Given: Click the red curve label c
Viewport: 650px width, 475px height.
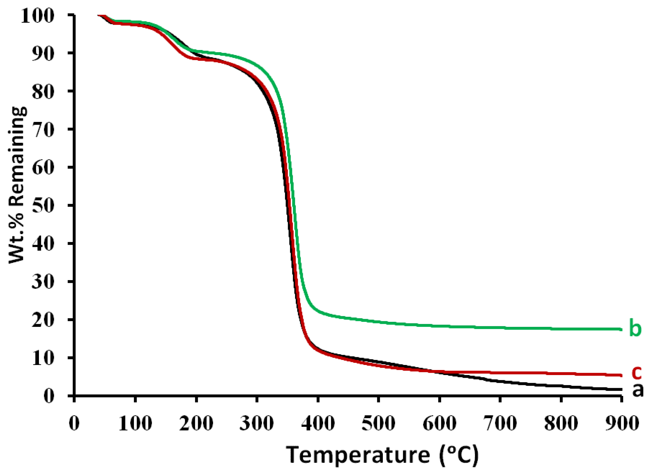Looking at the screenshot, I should click(636, 372).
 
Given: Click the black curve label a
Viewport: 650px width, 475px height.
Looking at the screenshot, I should click(638, 390).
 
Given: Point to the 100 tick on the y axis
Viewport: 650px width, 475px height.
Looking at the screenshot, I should click(38, 15).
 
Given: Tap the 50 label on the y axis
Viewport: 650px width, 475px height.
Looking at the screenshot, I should click(43, 205).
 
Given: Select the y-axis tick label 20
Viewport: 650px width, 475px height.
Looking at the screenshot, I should click(43, 320).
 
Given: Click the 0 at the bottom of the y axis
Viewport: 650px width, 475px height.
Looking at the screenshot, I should click(49, 396).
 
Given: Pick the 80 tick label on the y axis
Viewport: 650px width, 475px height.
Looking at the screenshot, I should click(43, 91).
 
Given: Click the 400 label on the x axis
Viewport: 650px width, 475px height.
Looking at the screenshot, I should click(318, 423).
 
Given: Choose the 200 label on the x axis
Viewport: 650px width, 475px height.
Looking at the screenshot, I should click(196, 423).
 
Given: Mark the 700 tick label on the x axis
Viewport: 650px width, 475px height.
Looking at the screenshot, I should click(500, 423).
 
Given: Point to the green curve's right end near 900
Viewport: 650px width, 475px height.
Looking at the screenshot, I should click(620, 329).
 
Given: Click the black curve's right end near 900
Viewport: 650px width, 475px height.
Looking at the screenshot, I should click(620, 389).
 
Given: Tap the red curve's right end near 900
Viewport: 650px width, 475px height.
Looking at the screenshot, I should click(620, 375).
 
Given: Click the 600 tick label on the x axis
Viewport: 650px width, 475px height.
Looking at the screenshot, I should click(439, 423).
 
